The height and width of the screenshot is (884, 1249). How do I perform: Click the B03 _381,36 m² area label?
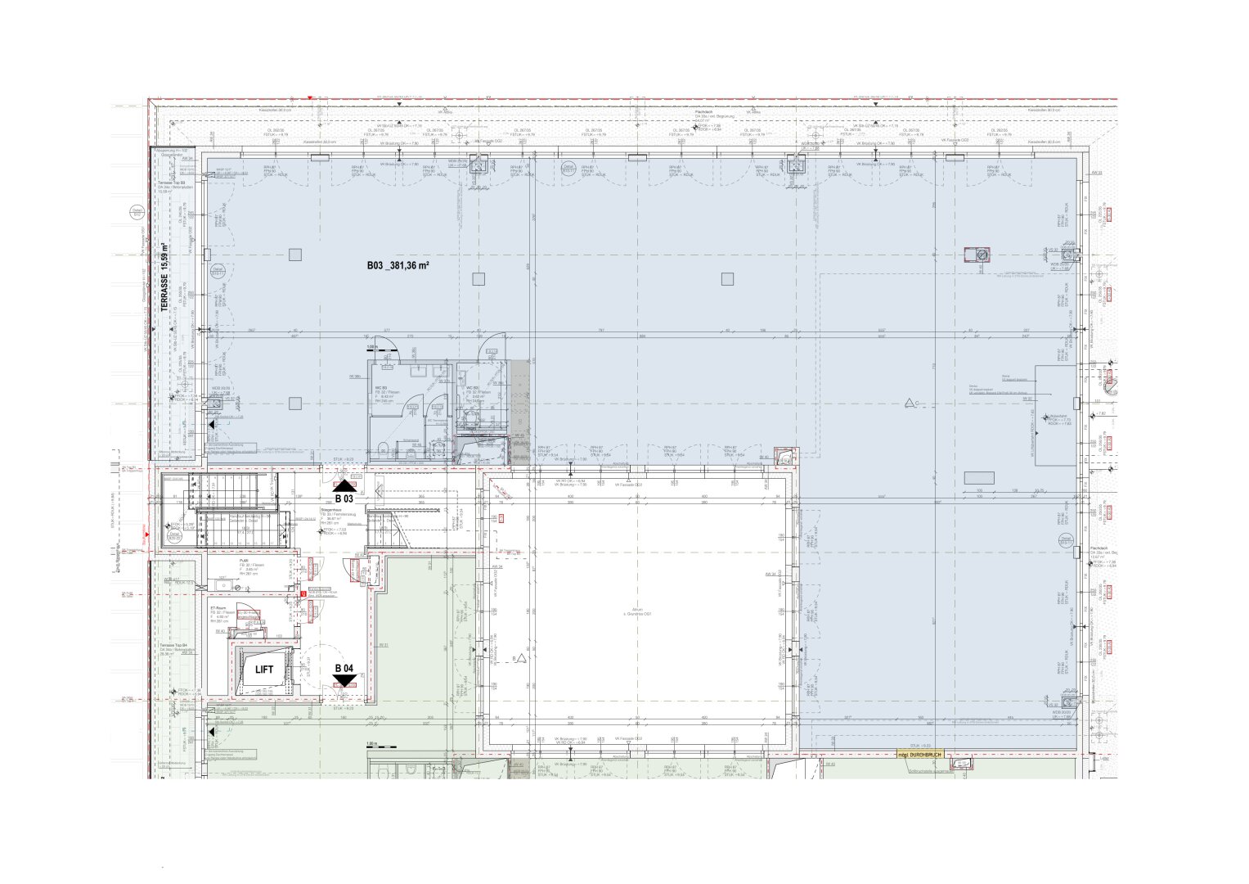(x=398, y=266)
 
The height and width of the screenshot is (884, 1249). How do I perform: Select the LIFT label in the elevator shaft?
(x=264, y=670)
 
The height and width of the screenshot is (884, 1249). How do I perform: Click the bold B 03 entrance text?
(x=344, y=498)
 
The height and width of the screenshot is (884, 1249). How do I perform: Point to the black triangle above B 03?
(x=345, y=486)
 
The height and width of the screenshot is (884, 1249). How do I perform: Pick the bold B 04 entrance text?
(x=344, y=669)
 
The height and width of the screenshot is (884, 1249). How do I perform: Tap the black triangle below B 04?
(x=345, y=680)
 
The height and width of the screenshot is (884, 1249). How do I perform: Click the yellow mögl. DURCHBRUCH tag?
(x=920, y=754)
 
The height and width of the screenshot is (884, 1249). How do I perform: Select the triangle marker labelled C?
(x=910, y=402)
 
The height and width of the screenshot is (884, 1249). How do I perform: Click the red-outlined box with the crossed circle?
(x=978, y=255)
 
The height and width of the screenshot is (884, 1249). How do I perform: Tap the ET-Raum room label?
(x=218, y=608)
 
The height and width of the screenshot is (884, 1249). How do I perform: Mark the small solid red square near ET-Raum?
(x=303, y=593)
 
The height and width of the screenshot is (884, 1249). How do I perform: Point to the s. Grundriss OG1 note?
(x=636, y=613)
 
